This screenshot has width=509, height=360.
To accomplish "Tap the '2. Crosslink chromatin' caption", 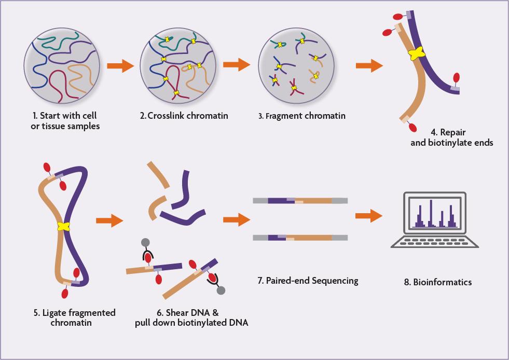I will click(x=177, y=116).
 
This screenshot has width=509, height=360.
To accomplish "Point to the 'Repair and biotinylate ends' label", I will click(x=451, y=137).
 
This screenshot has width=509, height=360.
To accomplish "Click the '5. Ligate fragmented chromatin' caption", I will click(x=74, y=317).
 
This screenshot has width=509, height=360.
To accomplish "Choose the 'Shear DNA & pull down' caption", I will click(x=191, y=317).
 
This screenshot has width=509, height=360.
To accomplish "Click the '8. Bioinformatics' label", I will click(x=438, y=282).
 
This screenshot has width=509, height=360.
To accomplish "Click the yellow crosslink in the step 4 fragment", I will click(x=416, y=53).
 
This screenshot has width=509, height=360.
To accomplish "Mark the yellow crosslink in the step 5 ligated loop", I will click(x=64, y=226).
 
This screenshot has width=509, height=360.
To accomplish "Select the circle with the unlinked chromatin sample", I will click(x=58, y=66).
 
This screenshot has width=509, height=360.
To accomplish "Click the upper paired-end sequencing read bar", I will click(x=300, y=200).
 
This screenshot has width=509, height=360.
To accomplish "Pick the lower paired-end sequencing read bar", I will click(x=300, y=238).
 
